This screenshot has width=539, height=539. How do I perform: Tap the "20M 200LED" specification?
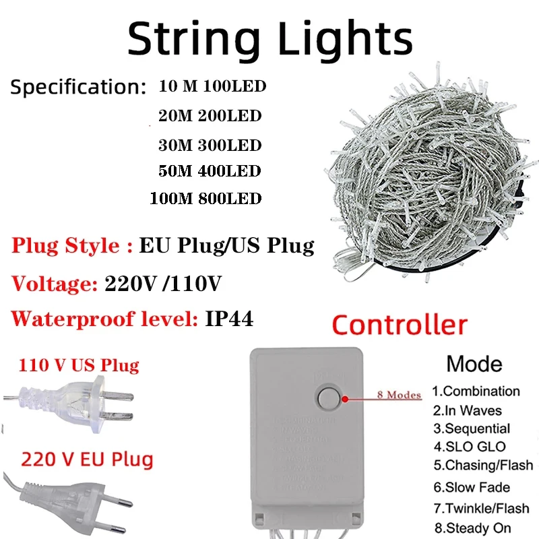(209, 116)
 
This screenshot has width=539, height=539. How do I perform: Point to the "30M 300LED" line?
(209, 144)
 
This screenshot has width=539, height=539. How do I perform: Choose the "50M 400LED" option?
(209, 171)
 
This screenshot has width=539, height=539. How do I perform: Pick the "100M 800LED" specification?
(207, 199)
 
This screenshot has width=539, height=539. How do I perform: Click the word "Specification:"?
(78, 88)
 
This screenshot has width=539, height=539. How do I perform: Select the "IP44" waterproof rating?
(229, 319)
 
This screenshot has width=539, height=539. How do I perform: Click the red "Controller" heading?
(400, 325)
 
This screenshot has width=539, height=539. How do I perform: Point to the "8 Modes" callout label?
(400, 395)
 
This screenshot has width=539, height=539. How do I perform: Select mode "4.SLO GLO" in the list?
(469, 447)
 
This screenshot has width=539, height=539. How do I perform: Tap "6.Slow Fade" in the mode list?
(471, 487)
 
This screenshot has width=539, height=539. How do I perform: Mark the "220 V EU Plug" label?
(87, 460)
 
